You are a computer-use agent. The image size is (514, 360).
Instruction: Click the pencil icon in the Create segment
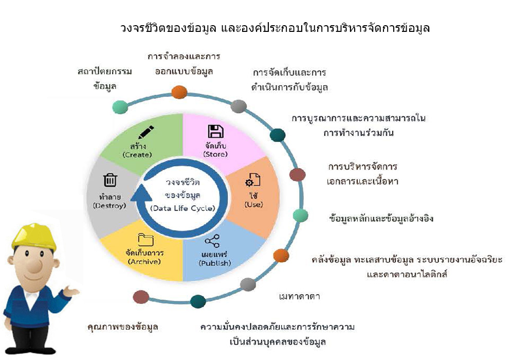(146, 132)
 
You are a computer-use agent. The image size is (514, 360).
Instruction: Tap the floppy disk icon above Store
(216, 131)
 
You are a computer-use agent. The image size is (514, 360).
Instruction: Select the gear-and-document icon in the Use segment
(253, 180)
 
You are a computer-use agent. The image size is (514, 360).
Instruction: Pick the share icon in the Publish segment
(212, 241)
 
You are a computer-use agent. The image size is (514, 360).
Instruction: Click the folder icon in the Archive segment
(146, 240)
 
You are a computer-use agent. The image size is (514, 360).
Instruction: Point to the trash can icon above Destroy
(110, 180)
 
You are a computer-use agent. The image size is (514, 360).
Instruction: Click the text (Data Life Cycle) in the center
(182, 208)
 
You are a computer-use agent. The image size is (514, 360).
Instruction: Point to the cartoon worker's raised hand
(70, 291)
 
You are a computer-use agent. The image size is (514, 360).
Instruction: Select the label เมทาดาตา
(299, 296)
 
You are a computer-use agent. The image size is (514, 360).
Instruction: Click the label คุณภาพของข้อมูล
(123, 327)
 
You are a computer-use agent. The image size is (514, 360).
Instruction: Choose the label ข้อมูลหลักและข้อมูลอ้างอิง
(381, 218)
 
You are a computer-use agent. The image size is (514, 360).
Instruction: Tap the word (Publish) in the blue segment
(215, 263)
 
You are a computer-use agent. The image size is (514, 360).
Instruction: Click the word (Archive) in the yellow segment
(144, 262)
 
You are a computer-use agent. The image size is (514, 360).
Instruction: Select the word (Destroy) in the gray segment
(109, 206)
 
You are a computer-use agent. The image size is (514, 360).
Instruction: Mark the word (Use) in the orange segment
(254, 204)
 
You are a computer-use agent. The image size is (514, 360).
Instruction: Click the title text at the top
(274, 28)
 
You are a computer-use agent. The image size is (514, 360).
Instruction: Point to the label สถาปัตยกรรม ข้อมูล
(105, 79)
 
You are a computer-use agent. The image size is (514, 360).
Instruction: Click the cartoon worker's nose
(34, 265)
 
